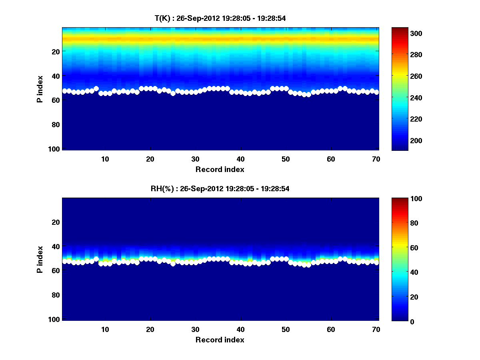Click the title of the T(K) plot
point(220,18)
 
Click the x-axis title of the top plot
point(220,169)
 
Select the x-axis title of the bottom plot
point(220,340)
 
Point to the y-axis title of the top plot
point(40,89)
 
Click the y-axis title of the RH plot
point(40,259)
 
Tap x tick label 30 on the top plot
point(195,159)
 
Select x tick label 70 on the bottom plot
point(376,329)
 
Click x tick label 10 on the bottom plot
point(105,329)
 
